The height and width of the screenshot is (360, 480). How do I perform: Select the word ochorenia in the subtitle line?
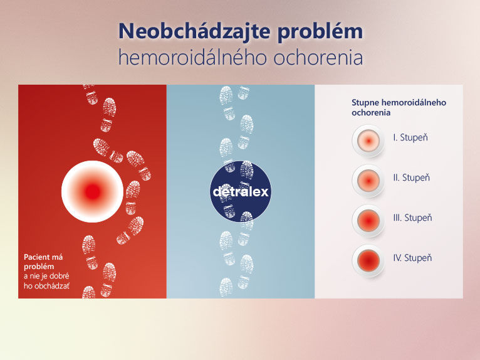click(x=318, y=58)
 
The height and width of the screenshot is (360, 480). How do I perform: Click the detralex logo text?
click(x=241, y=191)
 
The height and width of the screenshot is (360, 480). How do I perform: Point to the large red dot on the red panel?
click(x=93, y=191)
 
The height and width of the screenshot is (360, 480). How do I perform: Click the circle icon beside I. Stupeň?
click(x=368, y=141)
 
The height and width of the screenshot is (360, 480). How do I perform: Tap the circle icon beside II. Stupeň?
click(x=368, y=181)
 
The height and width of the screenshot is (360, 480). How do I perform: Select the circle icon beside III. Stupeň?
click(x=368, y=221)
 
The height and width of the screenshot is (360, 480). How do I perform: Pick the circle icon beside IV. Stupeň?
click(x=368, y=261)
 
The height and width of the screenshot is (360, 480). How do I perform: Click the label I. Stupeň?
click(x=410, y=137)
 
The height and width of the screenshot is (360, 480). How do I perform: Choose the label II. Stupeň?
click(x=412, y=177)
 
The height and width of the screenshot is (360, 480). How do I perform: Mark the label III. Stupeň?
click(x=413, y=218)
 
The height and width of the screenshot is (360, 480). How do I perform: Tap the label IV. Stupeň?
click(x=412, y=258)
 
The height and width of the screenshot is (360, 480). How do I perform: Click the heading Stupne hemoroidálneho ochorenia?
click(x=399, y=107)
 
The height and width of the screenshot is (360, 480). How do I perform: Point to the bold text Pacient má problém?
click(x=43, y=262)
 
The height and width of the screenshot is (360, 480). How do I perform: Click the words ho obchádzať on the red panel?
click(x=46, y=286)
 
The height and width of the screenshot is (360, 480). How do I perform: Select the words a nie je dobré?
click(x=46, y=276)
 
